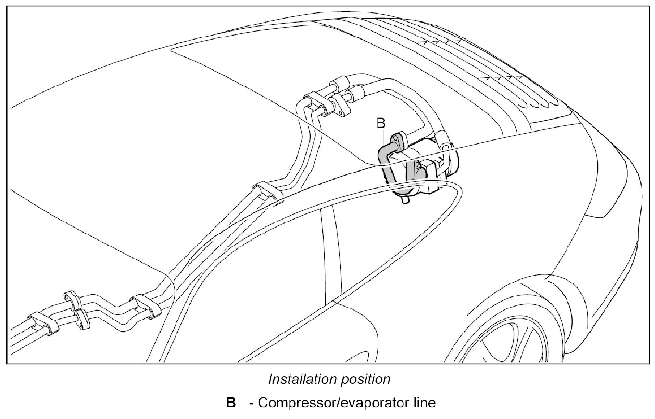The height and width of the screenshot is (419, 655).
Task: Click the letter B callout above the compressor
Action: pyautogui.click(x=380, y=123)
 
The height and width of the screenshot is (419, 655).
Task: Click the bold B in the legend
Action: pyautogui.click(x=231, y=403)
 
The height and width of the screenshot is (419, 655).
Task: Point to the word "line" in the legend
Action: pyautogui.click(x=424, y=403)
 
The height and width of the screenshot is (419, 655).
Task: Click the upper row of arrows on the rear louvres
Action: pyautogui.click(x=442, y=42)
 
